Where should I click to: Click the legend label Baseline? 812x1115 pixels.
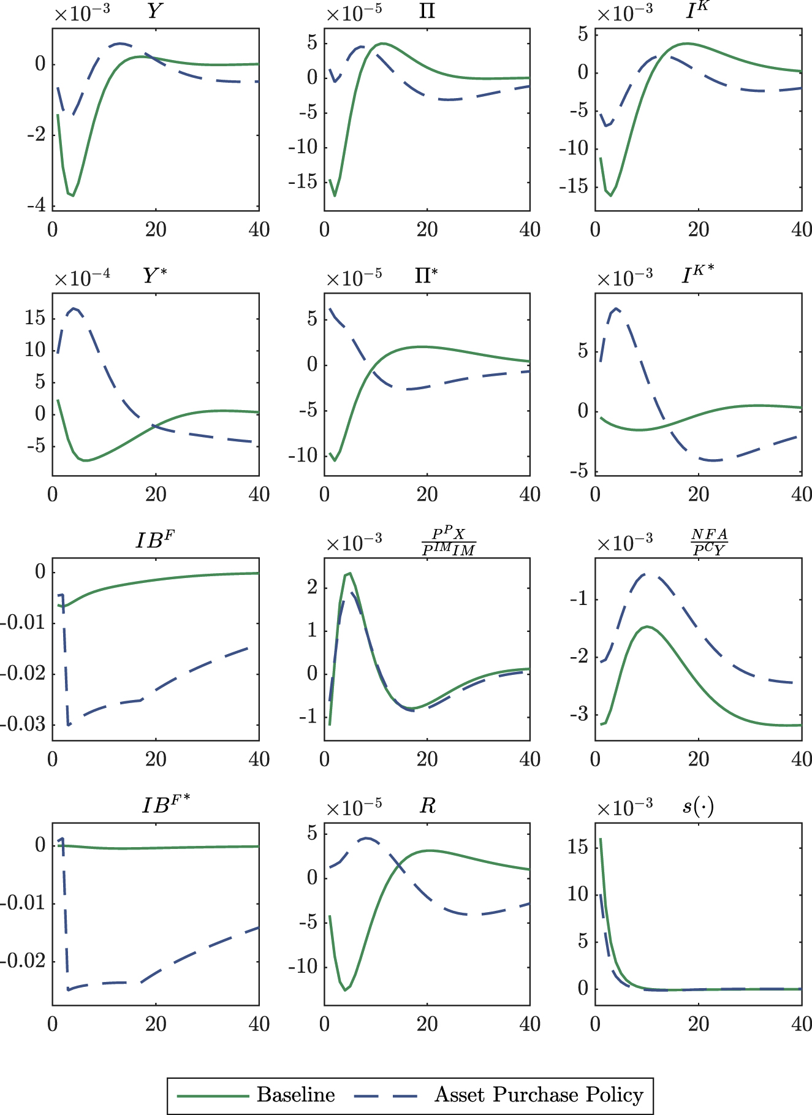[295, 1094]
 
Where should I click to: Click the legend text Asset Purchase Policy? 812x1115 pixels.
[539, 1094]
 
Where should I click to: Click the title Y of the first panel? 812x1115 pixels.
[155, 11]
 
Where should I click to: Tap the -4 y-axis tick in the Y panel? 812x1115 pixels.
[36, 205]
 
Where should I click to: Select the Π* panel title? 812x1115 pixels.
[427, 275]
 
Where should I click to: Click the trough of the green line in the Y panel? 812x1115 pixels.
[73, 196]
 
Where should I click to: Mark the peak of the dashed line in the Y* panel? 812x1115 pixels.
[74, 308]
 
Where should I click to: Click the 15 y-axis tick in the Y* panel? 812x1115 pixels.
[35, 318]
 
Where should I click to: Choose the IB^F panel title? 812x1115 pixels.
[155, 540]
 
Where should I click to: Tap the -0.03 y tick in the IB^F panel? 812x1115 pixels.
[23, 725]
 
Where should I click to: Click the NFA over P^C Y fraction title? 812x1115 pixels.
[709, 542]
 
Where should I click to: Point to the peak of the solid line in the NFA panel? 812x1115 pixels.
[647, 626]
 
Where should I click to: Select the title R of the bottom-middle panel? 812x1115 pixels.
[427, 805]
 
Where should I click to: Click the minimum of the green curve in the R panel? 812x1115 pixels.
[346, 990]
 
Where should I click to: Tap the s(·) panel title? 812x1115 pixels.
[698, 805]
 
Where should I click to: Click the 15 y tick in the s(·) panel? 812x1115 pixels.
[578, 848]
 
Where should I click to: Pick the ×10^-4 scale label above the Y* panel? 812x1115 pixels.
[82, 279]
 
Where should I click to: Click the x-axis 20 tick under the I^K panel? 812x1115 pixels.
[698, 230]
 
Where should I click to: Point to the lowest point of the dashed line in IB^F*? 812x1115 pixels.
[68, 989]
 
